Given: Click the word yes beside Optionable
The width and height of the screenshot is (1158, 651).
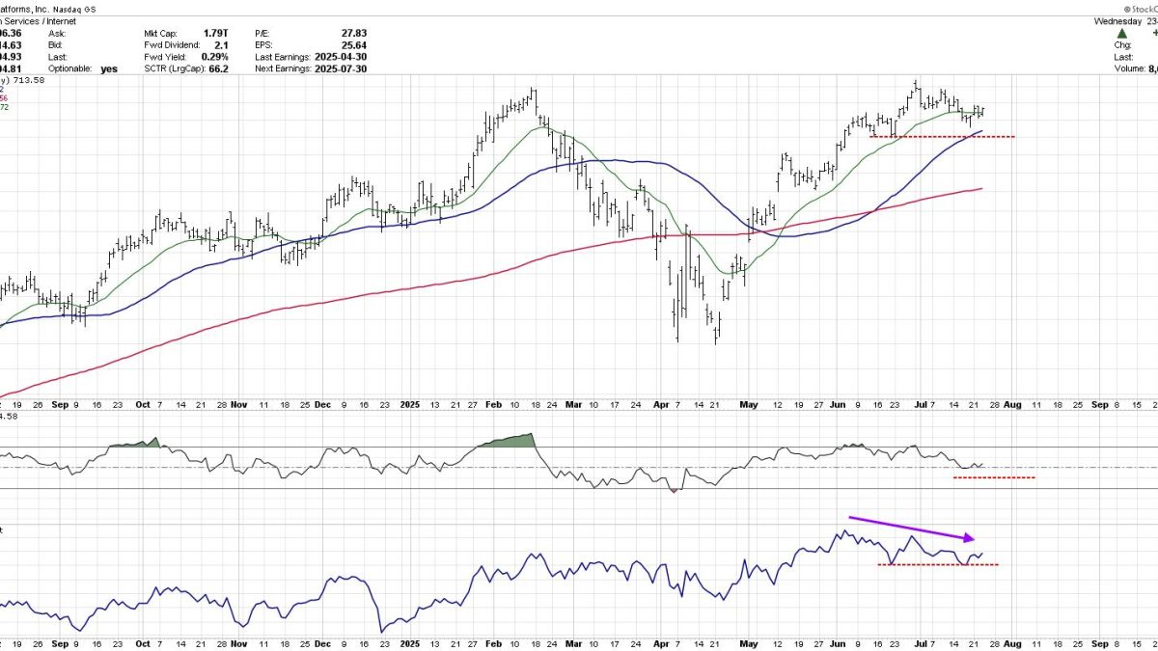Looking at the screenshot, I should pyautogui.click(x=108, y=68).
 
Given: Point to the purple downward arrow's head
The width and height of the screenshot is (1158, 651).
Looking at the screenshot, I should pyautogui.click(x=974, y=537).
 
